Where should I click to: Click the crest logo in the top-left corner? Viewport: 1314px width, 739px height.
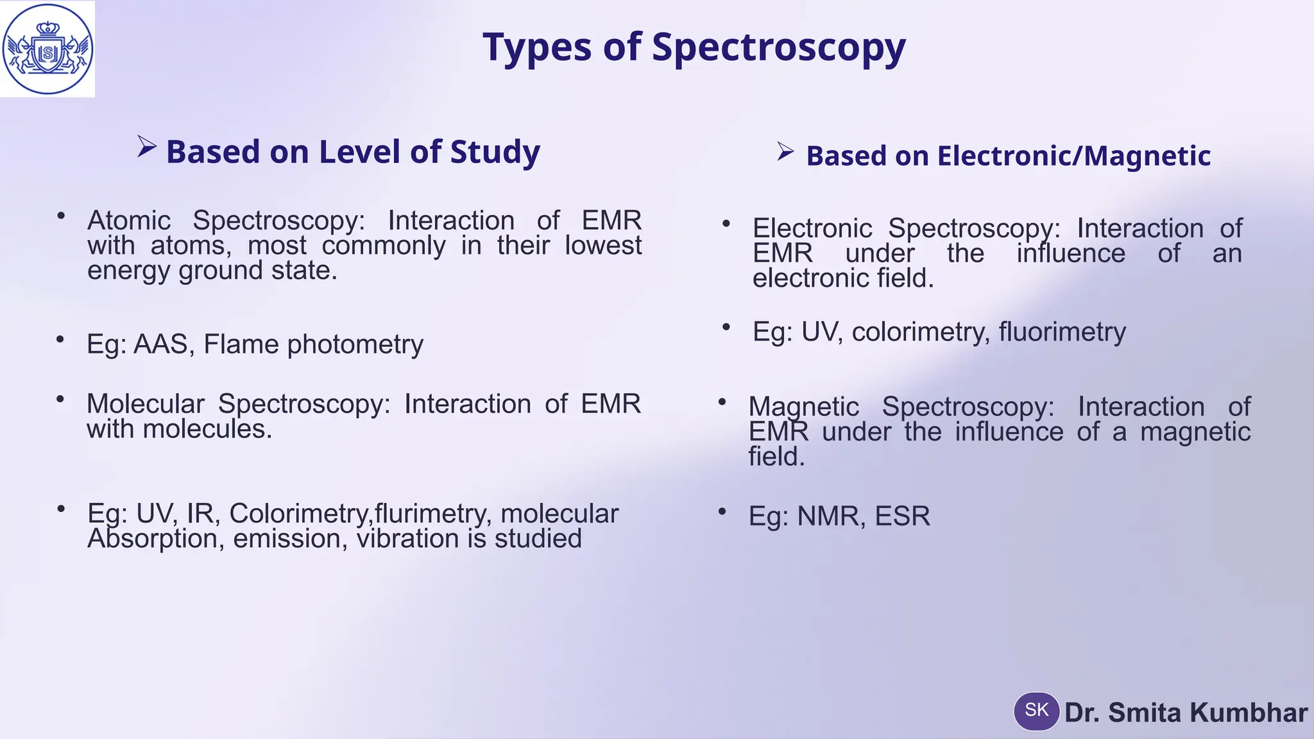tap(47, 49)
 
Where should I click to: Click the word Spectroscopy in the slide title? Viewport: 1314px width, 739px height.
tap(778, 47)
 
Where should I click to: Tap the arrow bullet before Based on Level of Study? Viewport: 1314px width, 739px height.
tap(147, 148)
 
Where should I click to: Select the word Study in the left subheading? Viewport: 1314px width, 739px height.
tap(495, 152)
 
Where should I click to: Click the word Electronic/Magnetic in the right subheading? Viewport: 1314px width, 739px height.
tap(1073, 156)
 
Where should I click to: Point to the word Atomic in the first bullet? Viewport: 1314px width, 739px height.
tap(129, 221)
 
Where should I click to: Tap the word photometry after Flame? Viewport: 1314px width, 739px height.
tap(355, 344)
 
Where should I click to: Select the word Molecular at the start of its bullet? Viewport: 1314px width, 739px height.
tap(145, 404)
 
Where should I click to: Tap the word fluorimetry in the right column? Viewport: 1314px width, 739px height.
tap(1062, 332)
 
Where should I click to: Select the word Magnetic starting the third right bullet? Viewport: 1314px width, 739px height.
tap(803, 407)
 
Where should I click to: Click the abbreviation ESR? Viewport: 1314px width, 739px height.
tap(902, 516)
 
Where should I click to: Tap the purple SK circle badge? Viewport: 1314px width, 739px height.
tap(1036, 711)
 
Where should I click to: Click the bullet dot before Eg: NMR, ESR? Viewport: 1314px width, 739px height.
tap(722, 511)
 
